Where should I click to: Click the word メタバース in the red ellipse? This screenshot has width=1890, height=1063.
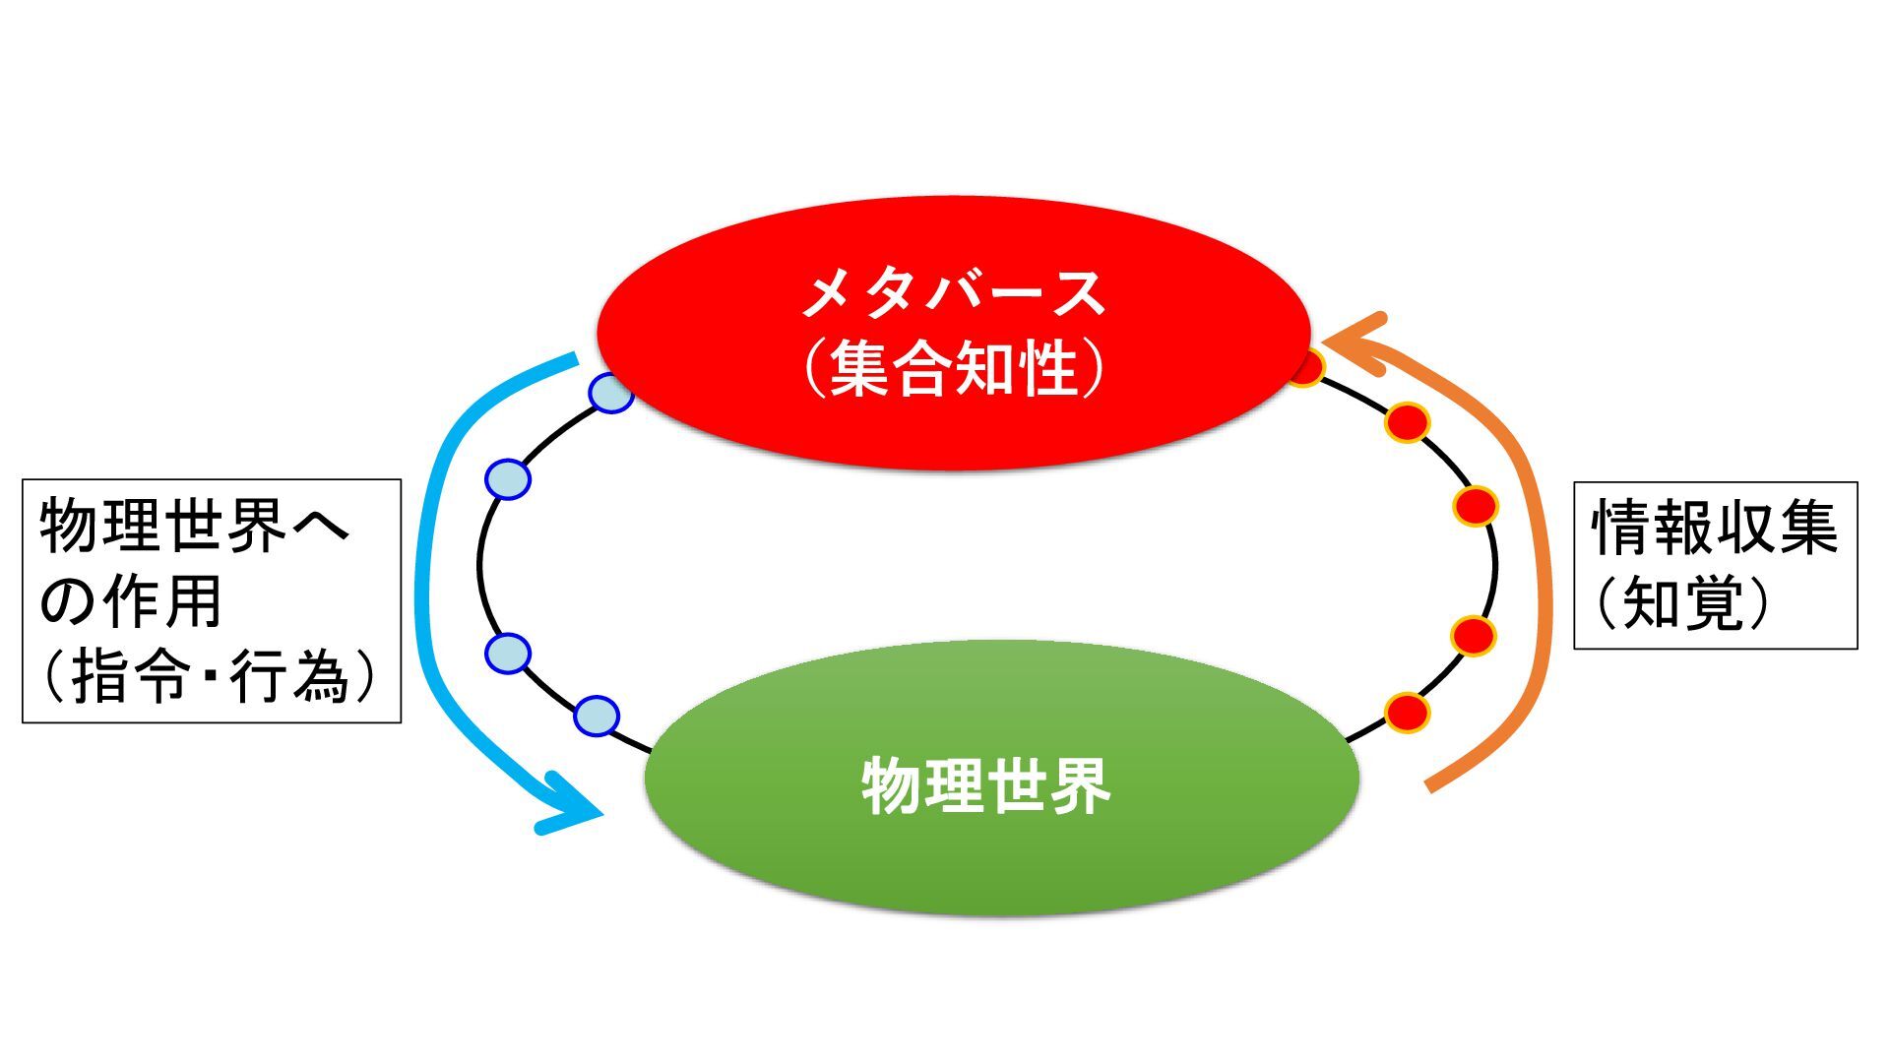(953, 293)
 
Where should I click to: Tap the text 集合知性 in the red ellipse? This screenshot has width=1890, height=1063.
(953, 370)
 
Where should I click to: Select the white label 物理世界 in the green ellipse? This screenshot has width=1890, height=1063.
(986, 785)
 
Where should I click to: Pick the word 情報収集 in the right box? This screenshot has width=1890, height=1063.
(1715, 529)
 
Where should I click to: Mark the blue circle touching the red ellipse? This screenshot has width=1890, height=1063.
(610, 393)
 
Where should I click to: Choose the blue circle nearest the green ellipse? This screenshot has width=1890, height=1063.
(596, 717)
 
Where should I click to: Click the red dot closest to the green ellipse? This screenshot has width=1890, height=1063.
(1407, 712)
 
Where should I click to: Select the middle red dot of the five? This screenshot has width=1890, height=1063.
(1476, 507)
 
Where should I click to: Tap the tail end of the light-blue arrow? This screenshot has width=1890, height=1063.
(573, 358)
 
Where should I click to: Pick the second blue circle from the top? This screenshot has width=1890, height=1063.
(508, 479)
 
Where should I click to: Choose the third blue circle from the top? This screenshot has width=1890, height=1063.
(508, 653)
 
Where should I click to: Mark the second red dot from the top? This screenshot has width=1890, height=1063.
(1407, 423)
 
